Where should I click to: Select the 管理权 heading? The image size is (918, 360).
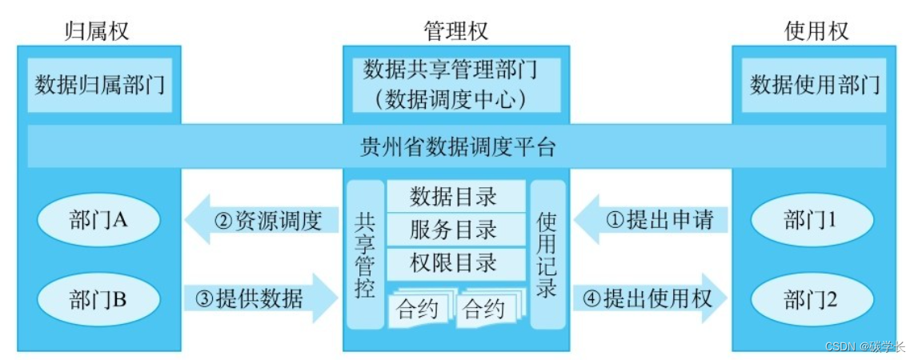click(455, 30)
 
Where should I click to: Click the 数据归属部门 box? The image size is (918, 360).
click(99, 84)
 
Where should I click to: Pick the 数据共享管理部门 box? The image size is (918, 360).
click(456, 84)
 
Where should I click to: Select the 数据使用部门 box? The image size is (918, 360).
click(815, 84)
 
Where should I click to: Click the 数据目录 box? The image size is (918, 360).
click(455, 195)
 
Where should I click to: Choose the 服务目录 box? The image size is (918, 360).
click(455, 230)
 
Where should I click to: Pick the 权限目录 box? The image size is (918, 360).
click(455, 263)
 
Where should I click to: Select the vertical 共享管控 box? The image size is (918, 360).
click(364, 254)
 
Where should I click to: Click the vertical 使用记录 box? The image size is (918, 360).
click(547, 254)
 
